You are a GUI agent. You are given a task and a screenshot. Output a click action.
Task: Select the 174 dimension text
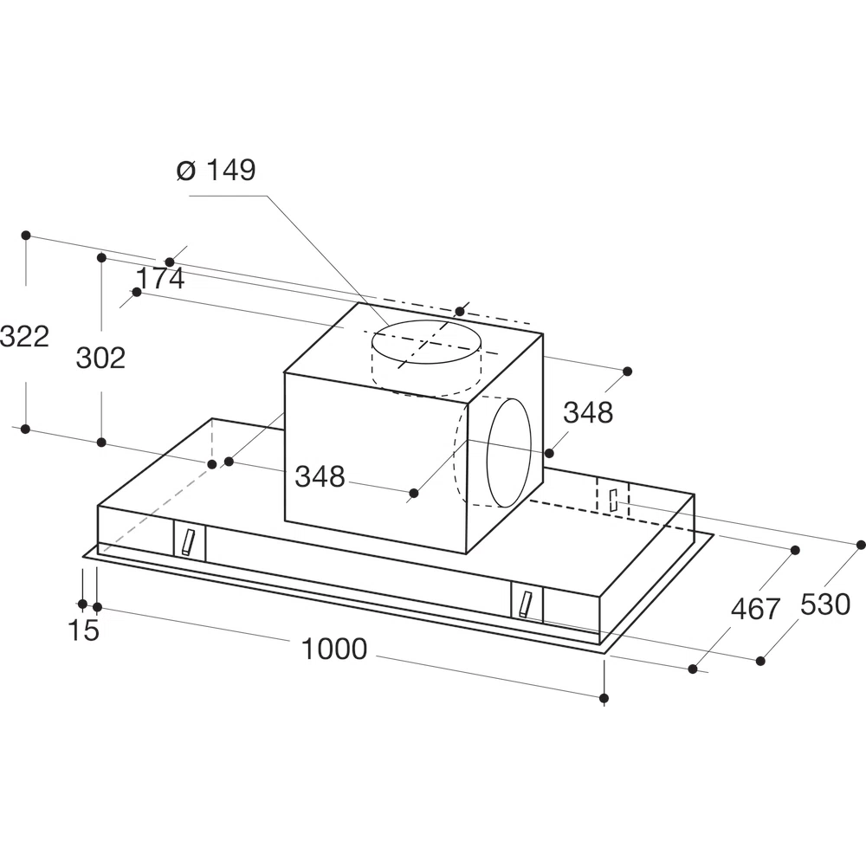(160, 278)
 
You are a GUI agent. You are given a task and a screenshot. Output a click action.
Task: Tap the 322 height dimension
(25, 336)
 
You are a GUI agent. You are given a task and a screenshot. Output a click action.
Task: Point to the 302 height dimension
(100, 358)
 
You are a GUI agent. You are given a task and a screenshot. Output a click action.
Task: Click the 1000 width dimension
(333, 649)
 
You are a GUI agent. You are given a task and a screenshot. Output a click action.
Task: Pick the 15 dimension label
(83, 630)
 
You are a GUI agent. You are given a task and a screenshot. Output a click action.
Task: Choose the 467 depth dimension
(755, 609)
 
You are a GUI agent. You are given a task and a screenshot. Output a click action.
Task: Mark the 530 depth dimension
(825, 604)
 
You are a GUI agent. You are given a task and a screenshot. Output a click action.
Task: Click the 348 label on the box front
(320, 476)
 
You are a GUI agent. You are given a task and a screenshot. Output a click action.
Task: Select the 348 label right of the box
(588, 412)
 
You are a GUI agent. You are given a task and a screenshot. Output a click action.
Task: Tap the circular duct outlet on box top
(426, 342)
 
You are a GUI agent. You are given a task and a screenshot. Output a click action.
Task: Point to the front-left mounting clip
(189, 542)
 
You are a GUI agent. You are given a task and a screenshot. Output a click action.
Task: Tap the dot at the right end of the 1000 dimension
(604, 698)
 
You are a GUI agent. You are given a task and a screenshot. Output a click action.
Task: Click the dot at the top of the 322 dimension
(25, 236)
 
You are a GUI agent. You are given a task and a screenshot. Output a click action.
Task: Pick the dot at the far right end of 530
(861, 545)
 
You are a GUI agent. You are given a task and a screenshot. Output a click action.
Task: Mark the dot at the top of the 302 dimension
(101, 257)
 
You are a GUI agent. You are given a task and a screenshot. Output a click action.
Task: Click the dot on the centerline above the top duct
(460, 312)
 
